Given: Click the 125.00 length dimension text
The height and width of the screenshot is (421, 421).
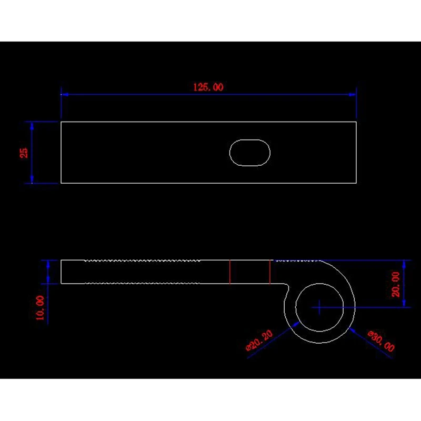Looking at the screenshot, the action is pos(208,87).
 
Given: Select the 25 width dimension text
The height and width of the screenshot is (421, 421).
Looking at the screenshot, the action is pos(24,153).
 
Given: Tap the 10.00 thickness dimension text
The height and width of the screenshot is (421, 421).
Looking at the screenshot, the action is pos(40,308).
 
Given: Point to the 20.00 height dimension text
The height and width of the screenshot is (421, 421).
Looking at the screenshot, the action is pos(396,284).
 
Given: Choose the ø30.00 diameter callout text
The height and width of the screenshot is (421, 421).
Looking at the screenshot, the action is pos(381,341).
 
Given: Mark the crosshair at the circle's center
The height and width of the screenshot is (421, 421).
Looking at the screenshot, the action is pos(319,307).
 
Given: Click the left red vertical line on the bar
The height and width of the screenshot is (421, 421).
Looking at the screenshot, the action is pos(230,272).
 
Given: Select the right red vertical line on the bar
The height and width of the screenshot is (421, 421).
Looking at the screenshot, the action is pos(270,272).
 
